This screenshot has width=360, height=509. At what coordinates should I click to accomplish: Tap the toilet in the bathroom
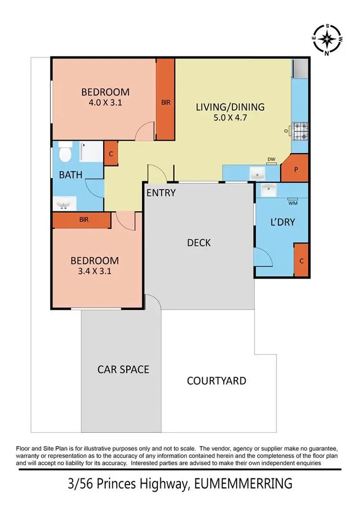point(65,153)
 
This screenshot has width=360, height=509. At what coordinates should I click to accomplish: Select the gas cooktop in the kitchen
point(300,131)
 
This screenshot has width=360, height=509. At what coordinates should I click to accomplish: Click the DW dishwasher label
point(271,159)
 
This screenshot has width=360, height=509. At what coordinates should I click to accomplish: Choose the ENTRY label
point(161,193)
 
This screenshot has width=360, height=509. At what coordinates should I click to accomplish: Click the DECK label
point(199,243)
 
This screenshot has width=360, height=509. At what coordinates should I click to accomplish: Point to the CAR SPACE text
point(123,369)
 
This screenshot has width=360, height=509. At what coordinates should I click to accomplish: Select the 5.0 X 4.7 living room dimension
point(230,118)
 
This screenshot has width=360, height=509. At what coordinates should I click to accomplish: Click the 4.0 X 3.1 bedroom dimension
point(105,102)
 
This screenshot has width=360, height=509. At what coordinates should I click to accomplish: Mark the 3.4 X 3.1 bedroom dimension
point(95,271)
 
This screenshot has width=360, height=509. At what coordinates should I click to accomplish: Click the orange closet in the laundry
point(300,260)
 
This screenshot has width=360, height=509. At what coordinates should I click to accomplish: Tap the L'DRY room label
point(282,222)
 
